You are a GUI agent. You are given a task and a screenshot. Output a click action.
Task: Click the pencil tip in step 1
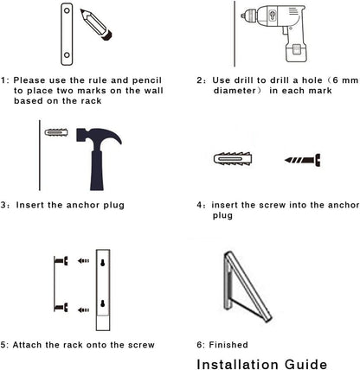(81, 10)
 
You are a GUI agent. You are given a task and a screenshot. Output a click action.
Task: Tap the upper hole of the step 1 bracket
(67, 10)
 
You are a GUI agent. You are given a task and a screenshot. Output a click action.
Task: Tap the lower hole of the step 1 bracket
(67, 54)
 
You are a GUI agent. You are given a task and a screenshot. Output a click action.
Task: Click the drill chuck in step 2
(248, 15)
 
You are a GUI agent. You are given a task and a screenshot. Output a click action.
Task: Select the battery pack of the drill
(296, 51)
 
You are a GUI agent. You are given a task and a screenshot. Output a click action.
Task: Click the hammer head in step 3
(99, 137)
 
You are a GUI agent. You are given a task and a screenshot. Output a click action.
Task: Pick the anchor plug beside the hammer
(56, 132)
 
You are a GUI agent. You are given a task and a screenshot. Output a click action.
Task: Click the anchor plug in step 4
(233, 159)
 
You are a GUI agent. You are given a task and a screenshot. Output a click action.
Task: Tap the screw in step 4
(303, 160)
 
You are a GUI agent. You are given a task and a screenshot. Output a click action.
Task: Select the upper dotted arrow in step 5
(83, 261)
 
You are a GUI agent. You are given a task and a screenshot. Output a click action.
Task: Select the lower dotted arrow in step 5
(83, 310)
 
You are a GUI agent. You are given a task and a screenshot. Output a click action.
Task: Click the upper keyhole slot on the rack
(102, 263)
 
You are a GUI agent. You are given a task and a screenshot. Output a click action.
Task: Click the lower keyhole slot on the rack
(102, 303)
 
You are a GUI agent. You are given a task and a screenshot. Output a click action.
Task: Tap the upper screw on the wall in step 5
(61, 261)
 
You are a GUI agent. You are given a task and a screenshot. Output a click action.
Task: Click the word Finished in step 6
(228, 345)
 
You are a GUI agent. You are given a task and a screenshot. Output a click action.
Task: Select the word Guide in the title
(306, 364)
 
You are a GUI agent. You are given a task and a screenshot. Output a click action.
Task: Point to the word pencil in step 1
(147, 80)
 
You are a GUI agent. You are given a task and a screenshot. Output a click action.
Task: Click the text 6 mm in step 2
(345, 80)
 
